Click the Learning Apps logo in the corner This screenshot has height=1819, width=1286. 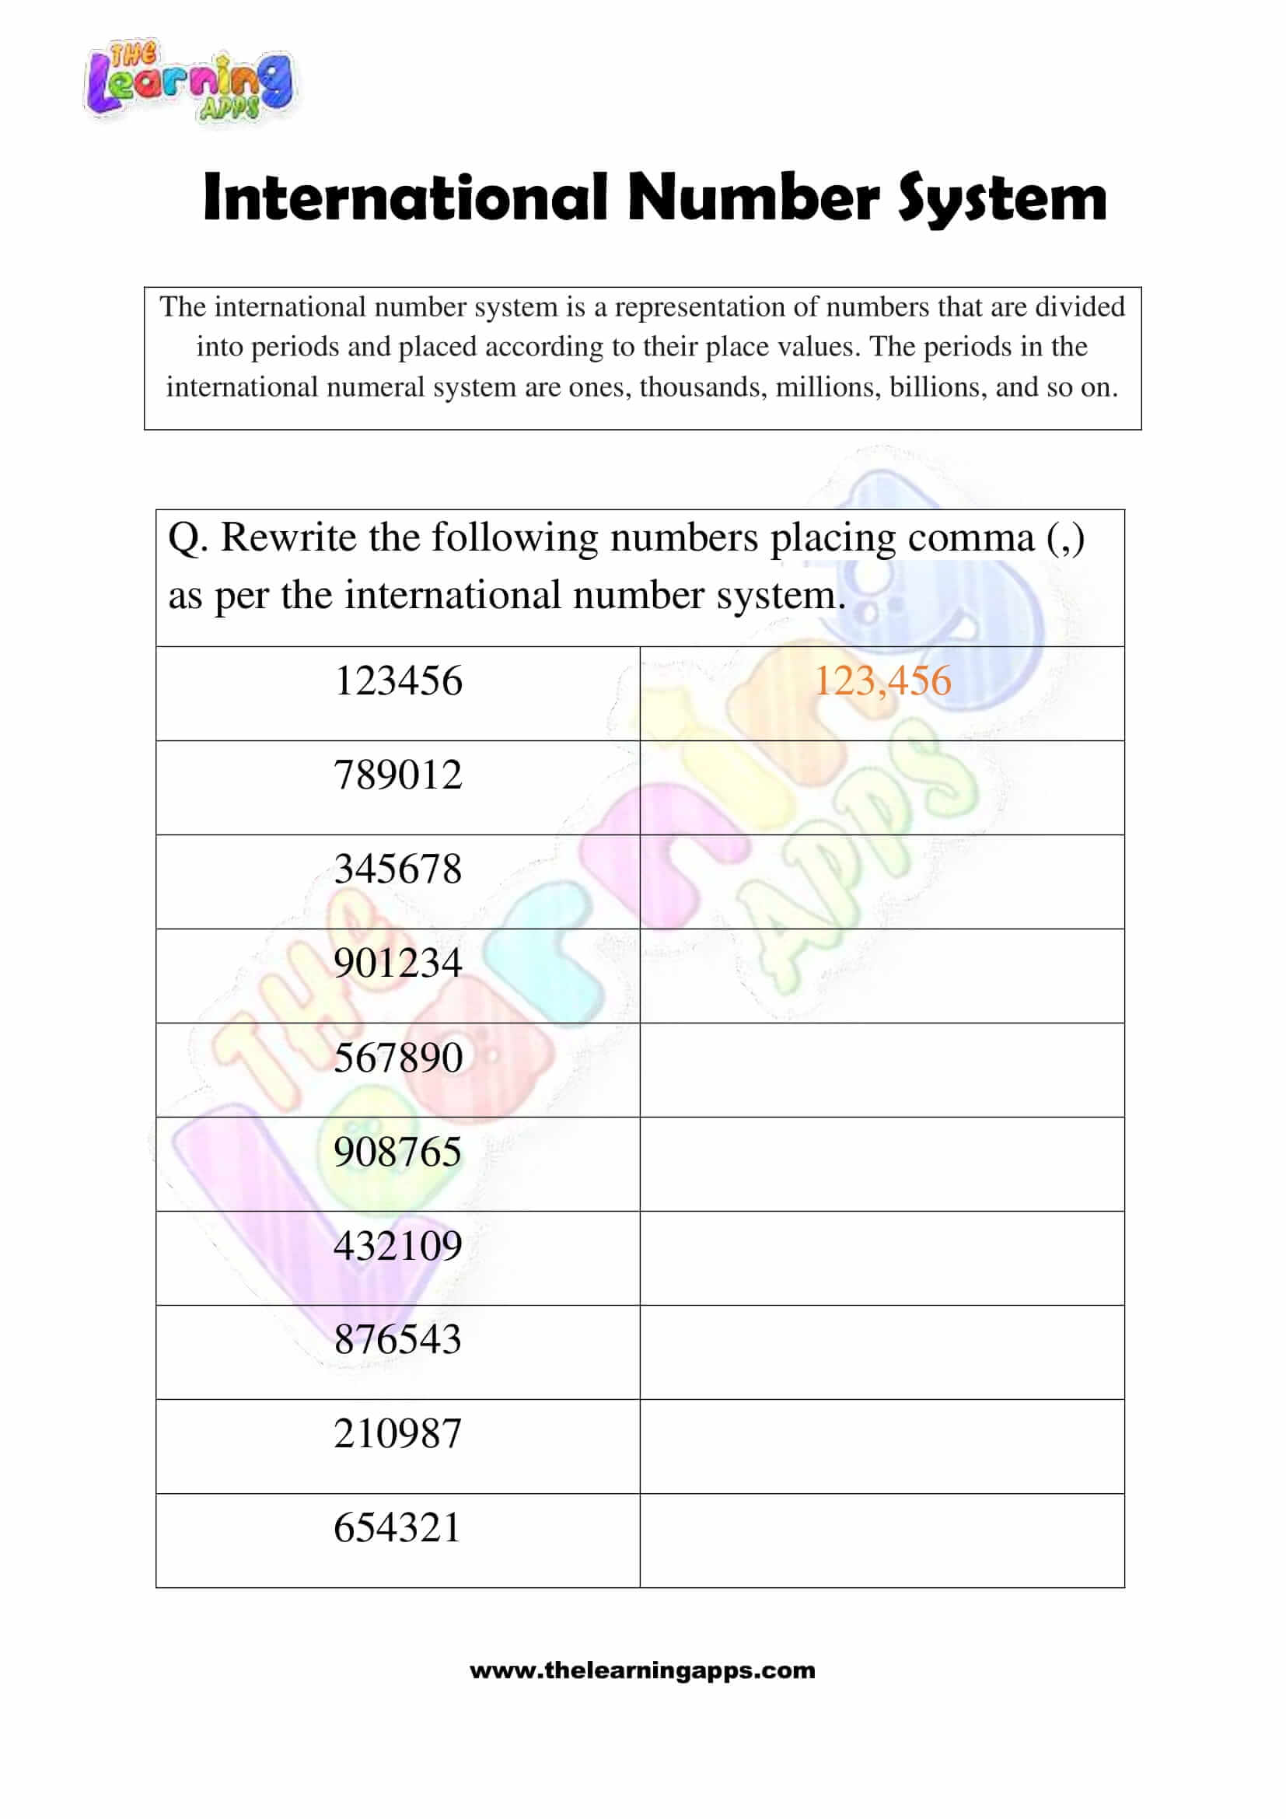(188, 82)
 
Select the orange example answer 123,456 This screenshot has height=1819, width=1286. (882, 680)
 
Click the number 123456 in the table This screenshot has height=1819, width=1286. (398, 680)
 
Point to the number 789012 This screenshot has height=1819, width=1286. (397, 775)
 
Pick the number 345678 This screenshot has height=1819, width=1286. (397, 869)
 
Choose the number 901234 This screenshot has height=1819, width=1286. (397, 964)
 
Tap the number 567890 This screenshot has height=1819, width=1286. (397, 1058)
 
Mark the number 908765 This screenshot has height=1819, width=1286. (397, 1152)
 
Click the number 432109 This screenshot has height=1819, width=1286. (397, 1246)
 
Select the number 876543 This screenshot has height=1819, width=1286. (397, 1340)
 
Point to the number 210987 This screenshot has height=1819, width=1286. (397, 1434)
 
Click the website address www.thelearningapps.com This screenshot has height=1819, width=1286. (642, 1670)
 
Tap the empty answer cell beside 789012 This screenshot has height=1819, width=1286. (882, 788)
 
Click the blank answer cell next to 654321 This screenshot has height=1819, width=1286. (882, 1540)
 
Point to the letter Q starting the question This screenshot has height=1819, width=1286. (183, 540)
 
